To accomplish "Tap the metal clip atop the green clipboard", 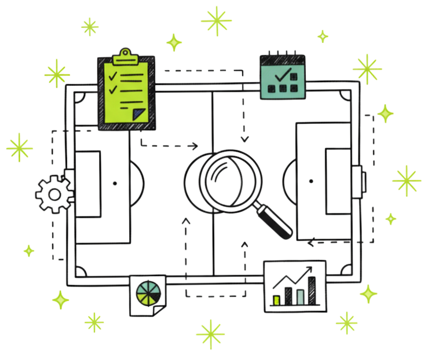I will pos(126,57).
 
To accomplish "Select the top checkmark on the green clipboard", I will pos(114,76).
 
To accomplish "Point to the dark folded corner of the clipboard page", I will pos(139,114).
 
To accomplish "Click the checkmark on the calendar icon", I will pos(283,74).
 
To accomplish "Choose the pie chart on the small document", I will pos(146,292).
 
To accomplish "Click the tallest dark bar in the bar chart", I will pos(312,291).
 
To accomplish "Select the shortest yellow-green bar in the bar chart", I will pos(277,300).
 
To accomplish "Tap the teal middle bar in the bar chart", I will pos(299,297).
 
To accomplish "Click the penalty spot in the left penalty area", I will pos(115,183).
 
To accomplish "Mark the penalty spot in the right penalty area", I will pos(311,181).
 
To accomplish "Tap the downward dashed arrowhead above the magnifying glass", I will pos(244,138).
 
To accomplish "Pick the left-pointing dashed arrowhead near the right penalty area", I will pos(312,243).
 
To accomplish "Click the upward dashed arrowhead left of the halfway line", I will pos(186,221).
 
